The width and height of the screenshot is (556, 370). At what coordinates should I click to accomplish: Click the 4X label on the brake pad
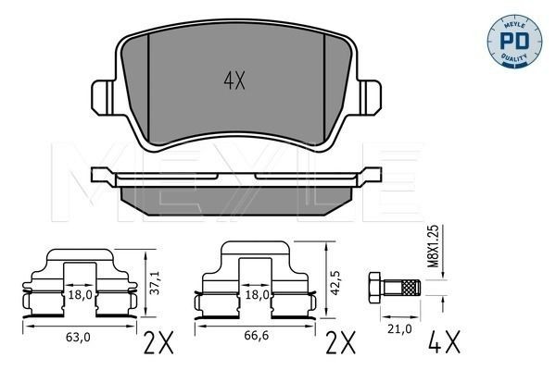(233, 80)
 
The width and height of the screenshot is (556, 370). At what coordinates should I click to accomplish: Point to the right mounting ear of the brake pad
(371, 95)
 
